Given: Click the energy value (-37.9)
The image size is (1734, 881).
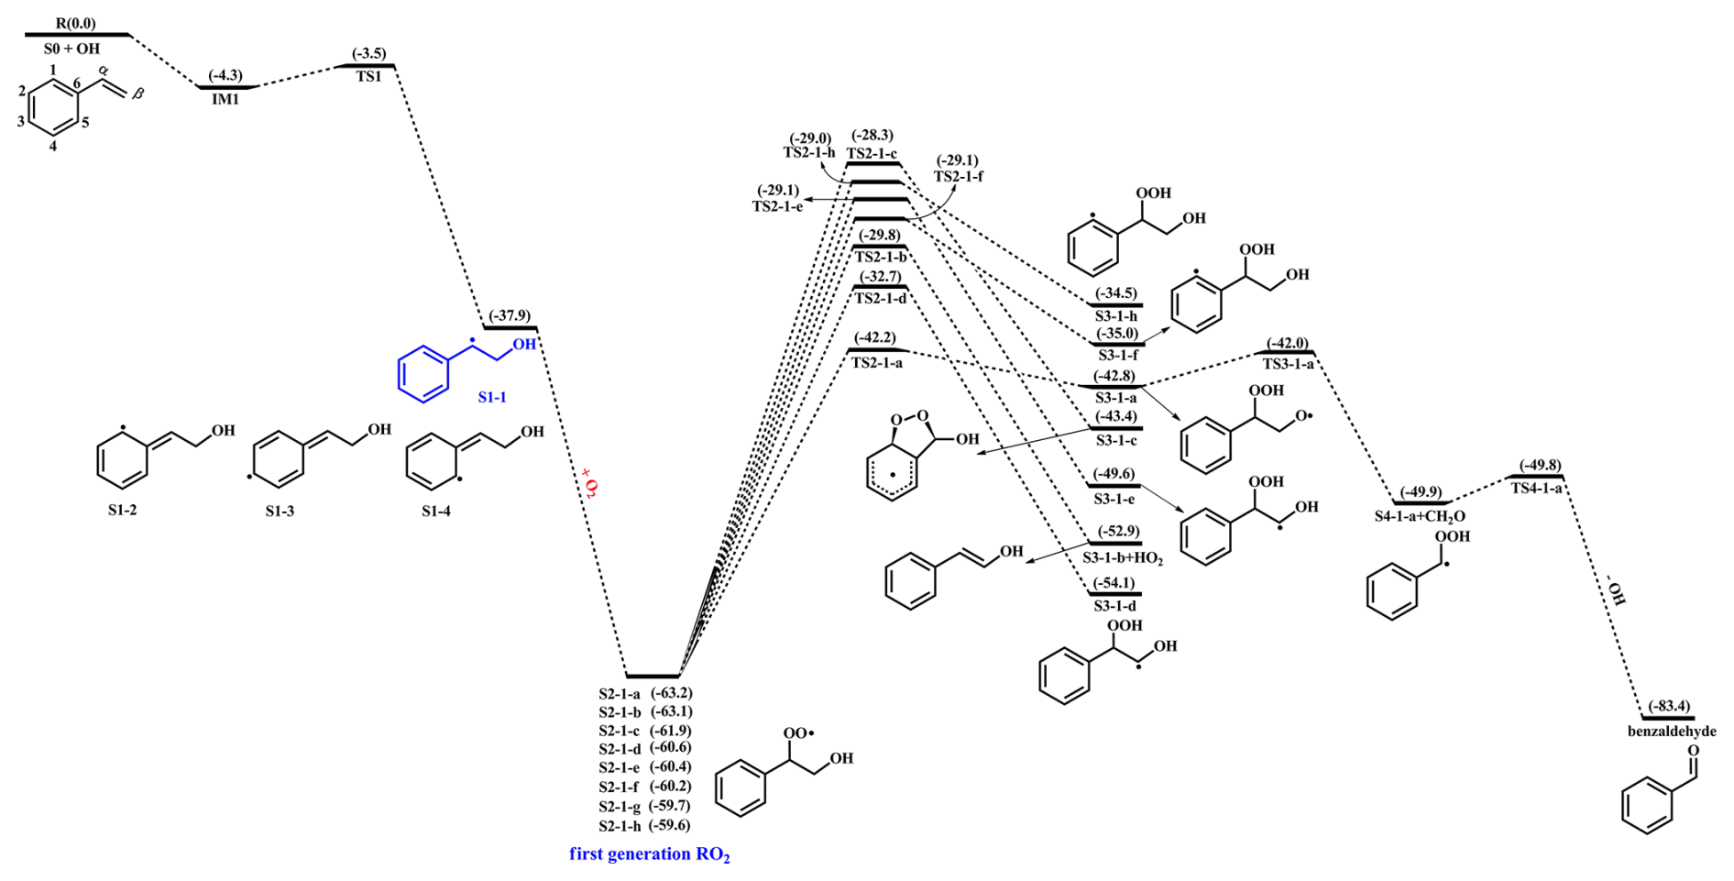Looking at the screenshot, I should pyautogui.click(x=510, y=315).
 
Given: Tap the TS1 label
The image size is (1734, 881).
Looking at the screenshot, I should pyautogui.click(x=368, y=77).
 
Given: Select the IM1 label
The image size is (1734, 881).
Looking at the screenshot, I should pyautogui.click(x=225, y=99).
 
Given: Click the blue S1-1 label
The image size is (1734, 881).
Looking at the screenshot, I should pyautogui.click(x=492, y=397).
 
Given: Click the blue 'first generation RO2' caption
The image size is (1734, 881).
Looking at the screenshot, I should pyautogui.click(x=650, y=854).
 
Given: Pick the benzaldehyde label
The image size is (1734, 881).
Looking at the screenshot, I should pyautogui.click(x=1672, y=732).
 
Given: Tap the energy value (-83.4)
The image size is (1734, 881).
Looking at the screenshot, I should pyautogui.click(x=1669, y=706).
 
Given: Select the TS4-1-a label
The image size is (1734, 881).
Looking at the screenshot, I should pyautogui.click(x=1537, y=489).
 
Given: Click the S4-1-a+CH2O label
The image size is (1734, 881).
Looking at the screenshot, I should pyautogui.click(x=1420, y=516).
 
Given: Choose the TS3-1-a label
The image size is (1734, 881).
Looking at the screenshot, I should pyautogui.click(x=1288, y=364).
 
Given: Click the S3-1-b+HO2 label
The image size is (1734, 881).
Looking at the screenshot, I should pyautogui.click(x=1123, y=557).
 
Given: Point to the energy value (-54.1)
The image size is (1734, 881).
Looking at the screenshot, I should pyautogui.click(x=1114, y=583).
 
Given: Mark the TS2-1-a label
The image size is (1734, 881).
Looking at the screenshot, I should pyautogui.click(x=877, y=363).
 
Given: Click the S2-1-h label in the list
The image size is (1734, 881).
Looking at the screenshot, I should pyautogui.click(x=620, y=826).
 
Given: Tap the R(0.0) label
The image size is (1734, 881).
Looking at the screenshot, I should pyautogui.click(x=75, y=23).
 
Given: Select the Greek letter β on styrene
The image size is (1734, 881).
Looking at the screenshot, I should pyautogui.click(x=138, y=94).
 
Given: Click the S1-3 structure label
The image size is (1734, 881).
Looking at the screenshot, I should pyautogui.click(x=280, y=511).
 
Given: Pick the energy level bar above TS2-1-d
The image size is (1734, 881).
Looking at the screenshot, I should pyautogui.click(x=880, y=287).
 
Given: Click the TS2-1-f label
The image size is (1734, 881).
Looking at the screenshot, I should pyautogui.click(x=959, y=176).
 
